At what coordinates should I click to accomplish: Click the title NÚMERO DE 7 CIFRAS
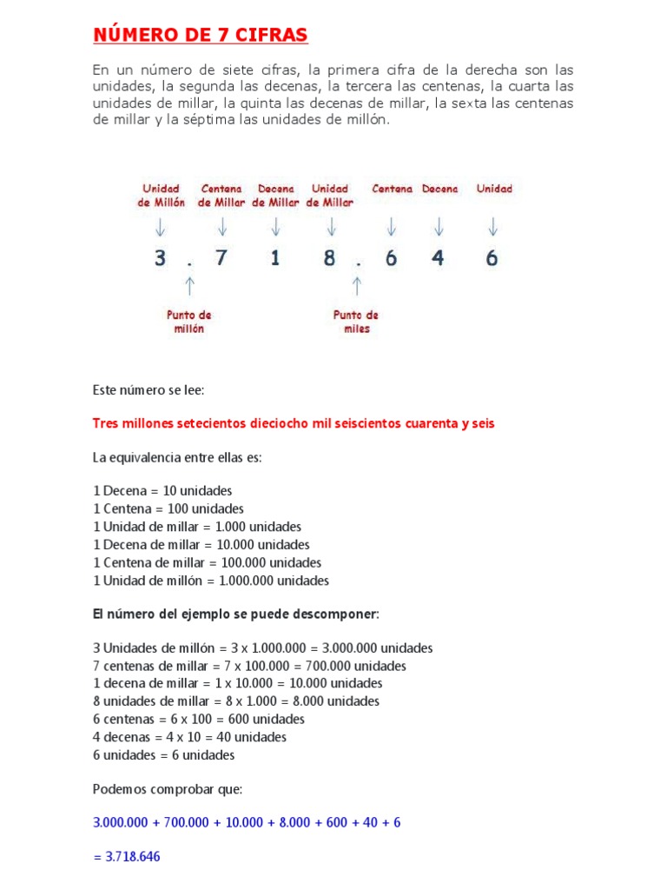tap(200, 35)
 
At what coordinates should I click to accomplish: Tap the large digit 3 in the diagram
tap(160, 258)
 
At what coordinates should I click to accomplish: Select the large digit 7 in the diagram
tap(221, 258)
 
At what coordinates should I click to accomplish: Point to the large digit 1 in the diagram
tap(275, 258)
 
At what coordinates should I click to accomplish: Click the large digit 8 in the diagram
tap(330, 258)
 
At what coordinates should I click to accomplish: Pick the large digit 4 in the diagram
tap(438, 258)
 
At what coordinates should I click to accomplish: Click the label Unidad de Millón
tap(162, 196)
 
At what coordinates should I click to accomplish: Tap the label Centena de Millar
tap(222, 196)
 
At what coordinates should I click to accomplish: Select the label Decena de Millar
tap(276, 196)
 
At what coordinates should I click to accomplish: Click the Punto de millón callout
tap(189, 322)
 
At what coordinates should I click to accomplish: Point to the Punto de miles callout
tap(356, 322)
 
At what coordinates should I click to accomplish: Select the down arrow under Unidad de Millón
tap(161, 227)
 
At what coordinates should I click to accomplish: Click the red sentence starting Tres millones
tap(294, 423)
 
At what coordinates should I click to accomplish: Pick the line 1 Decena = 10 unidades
tap(162, 490)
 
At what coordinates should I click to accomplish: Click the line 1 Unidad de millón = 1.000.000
tap(211, 581)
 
